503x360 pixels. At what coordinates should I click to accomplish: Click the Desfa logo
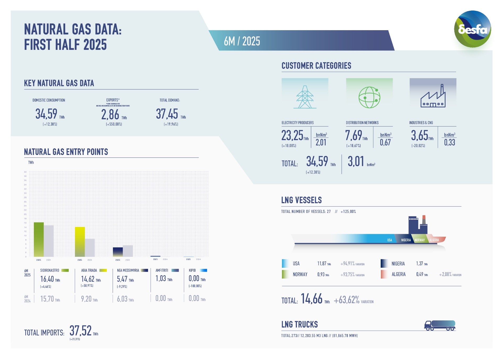point(472,29)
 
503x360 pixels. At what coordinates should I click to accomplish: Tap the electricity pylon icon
point(305,97)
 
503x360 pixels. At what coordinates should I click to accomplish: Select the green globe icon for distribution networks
point(369,97)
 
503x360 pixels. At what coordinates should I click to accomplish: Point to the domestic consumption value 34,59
point(46,114)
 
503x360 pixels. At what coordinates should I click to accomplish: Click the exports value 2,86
point(110,115)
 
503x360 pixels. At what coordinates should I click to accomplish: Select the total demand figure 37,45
point(167,114)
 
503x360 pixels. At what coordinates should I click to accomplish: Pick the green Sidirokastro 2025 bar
point(39,239)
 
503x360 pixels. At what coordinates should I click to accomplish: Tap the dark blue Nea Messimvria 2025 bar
point(118,252)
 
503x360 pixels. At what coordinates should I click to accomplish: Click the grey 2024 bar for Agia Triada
point(90,248)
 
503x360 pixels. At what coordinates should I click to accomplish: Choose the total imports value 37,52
point(80,331)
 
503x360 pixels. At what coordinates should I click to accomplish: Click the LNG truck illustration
point(440,325)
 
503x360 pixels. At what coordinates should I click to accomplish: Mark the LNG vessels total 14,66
point(311,299)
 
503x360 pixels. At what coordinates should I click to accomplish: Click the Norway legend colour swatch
point(285,274)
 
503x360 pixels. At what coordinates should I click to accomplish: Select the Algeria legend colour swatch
point(384,274)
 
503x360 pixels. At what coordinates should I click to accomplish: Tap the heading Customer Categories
point(316,66)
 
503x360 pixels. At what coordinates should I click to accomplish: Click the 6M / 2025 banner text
point(242,41)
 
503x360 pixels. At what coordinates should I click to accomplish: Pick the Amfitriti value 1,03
point(161,278)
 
